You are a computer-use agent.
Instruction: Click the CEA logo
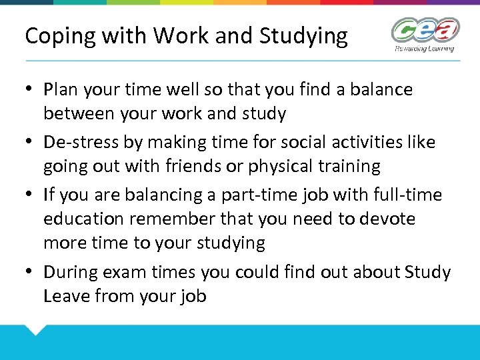(425, 31)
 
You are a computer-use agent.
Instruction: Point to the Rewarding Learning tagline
(424, 48)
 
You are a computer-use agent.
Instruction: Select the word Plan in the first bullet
(61, 89)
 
